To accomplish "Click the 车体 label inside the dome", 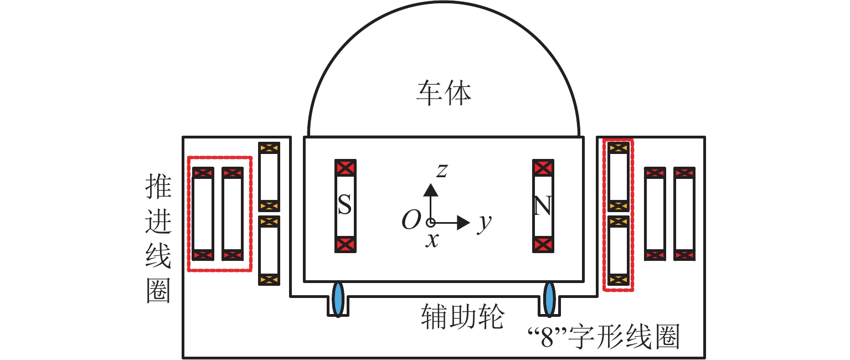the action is point(444,93).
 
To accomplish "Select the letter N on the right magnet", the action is point(543,205).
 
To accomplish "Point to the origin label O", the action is point(411,220).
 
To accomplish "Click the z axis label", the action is point(442,171).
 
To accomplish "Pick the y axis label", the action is point(485,223).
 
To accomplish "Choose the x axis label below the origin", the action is point(432,240).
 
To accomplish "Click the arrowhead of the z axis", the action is point(431,190).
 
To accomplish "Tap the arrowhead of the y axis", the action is point(463,222).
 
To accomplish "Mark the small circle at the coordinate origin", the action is point(431,222).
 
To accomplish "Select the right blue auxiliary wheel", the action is point(549,299).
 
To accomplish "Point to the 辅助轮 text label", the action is point(462,316).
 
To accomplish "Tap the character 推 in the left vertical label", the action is point(158,187).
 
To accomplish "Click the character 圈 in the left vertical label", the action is point(158,291).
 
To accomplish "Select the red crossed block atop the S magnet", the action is point(346,168).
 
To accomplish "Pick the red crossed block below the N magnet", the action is point(543,245).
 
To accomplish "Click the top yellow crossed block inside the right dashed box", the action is point(619,148).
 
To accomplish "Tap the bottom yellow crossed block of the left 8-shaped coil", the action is point(269,280).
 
